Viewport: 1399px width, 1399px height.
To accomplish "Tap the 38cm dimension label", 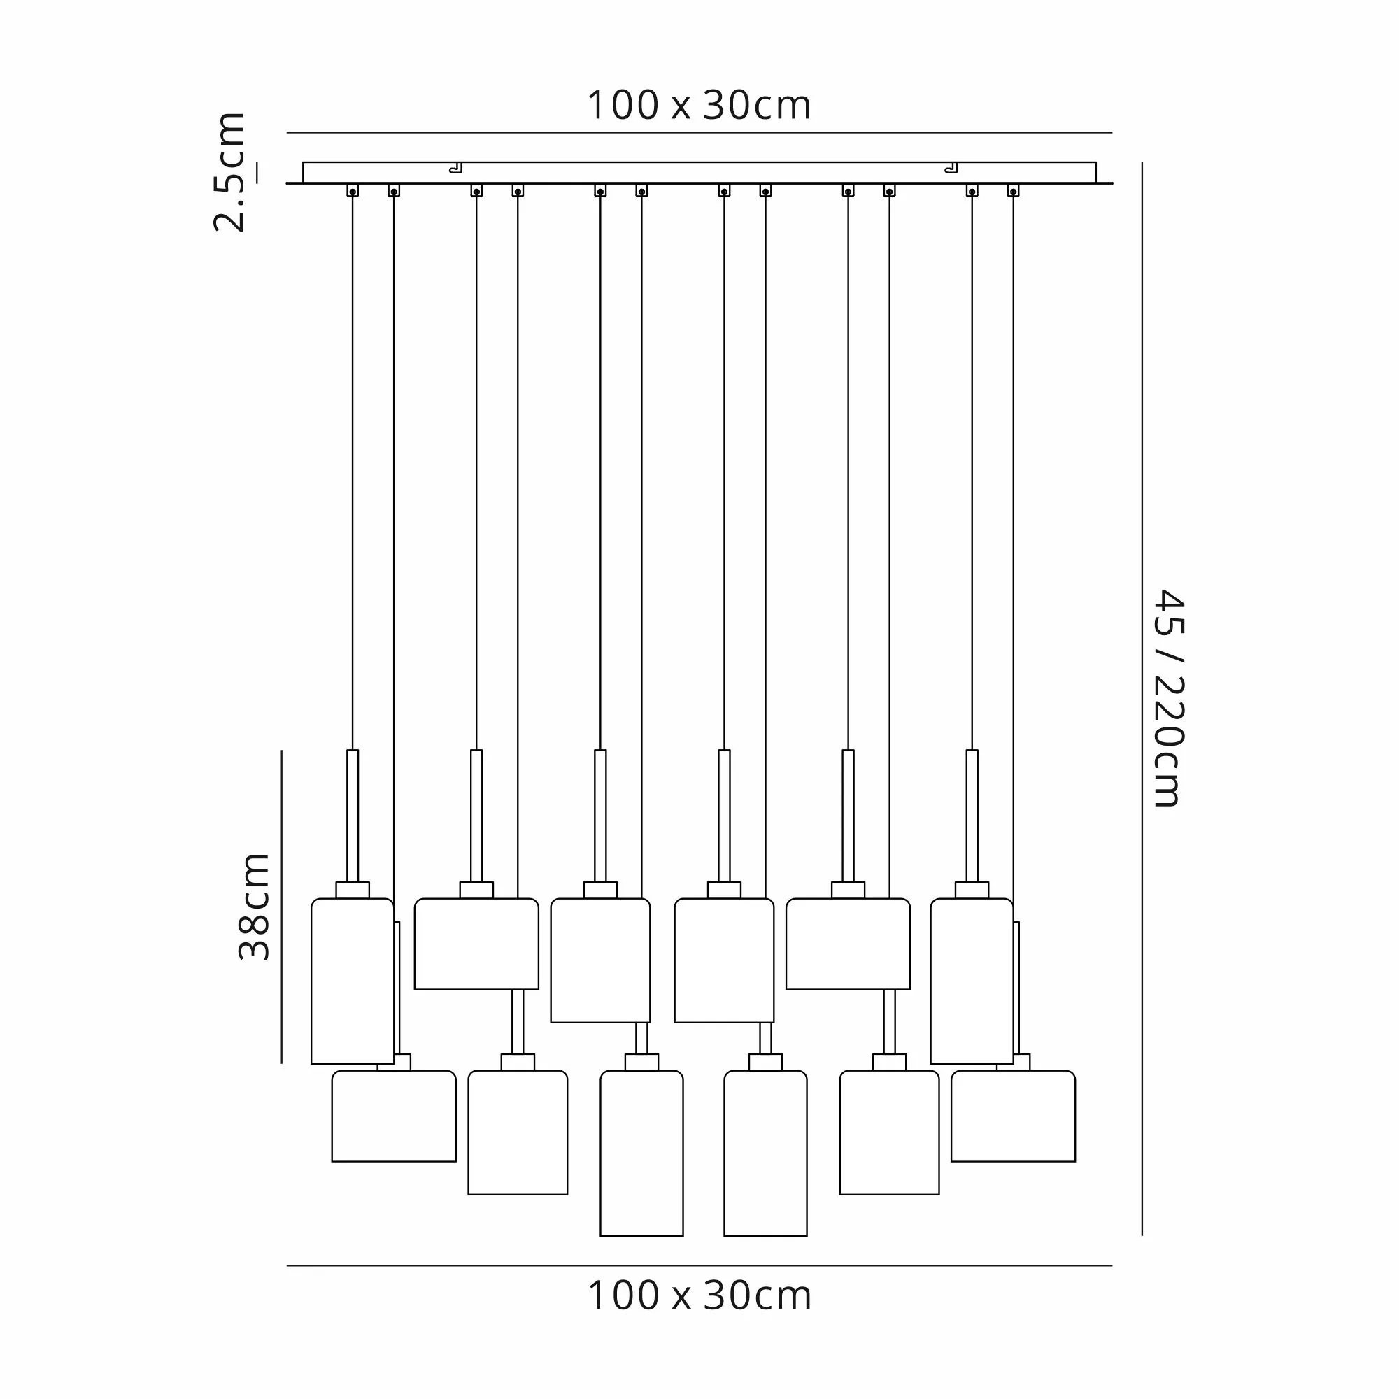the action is (x=254, y=907).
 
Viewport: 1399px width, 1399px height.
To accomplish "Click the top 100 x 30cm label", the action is (x=699, y=106).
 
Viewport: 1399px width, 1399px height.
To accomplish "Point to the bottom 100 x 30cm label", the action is (x=699, y=1295).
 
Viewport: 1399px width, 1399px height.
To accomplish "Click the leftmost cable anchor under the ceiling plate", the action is (x=353, y=190).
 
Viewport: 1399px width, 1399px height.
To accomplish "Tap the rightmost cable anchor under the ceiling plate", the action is (x=1013, y=190).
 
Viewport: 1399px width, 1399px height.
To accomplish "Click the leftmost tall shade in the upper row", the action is (x=353, y=981).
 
